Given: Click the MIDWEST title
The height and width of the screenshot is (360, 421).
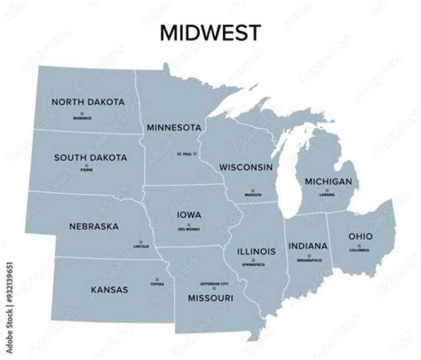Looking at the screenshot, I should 210,33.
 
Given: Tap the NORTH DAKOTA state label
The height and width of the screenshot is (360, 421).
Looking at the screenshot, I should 88,102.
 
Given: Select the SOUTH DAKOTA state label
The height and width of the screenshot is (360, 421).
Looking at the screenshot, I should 90,157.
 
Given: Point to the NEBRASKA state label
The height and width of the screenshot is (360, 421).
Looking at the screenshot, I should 94,226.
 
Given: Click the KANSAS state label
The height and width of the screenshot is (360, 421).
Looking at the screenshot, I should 109,289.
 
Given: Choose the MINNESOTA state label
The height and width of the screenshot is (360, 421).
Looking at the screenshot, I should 174,128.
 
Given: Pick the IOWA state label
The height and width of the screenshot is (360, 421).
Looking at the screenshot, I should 189,215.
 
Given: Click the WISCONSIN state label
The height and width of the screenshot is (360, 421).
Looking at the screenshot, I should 246,167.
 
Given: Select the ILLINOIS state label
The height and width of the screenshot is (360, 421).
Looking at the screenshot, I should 256,252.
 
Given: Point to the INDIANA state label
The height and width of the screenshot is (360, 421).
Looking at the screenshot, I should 308,246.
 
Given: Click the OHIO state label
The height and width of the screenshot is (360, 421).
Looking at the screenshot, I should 360,236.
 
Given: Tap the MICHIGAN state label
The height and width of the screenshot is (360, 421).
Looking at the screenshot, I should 328,181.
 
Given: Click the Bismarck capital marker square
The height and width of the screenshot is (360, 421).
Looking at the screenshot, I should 82,113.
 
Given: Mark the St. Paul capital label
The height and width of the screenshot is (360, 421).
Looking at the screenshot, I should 184,154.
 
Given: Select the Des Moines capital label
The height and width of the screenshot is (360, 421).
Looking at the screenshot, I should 189,229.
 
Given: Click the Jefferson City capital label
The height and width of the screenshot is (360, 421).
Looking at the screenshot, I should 213,283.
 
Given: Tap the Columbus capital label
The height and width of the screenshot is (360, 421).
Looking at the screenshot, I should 360,250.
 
